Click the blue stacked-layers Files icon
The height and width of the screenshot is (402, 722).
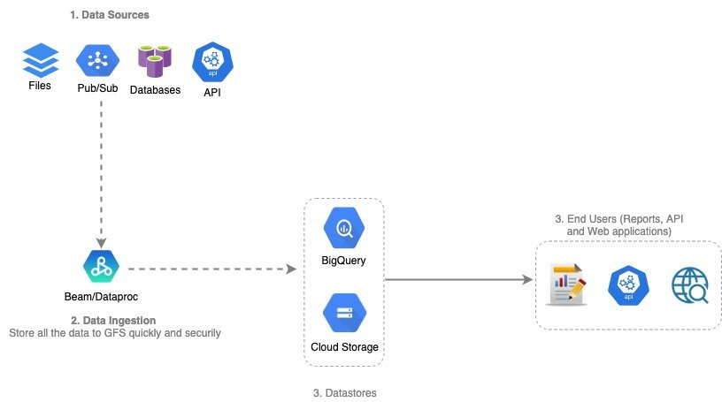(x=39, y=61)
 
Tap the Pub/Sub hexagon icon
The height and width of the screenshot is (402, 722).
(x=99, y=61)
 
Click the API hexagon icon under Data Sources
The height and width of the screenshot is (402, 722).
(x=211, y=62)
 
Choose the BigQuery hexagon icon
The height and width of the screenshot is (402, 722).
(x=343, y=228)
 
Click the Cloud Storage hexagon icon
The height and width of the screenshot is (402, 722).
(x=343, y=312)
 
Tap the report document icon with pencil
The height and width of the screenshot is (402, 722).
(x=566, y=284)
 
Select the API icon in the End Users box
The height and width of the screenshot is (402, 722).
(x=628, y=285)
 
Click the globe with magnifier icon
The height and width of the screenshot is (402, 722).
(x=690, y=285)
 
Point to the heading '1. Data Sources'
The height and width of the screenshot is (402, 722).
(x=110, y=15)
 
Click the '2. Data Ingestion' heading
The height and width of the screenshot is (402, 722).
(x=112, y=319)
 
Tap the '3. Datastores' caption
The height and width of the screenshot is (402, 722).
(x=344, y=392)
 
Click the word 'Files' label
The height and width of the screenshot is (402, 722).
(x=40, y=86)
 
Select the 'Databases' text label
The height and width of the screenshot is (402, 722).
(x=155, y=89)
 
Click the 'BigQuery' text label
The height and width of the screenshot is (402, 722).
(x=343, y=261)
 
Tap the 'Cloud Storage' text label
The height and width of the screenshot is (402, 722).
(x=344, y=346)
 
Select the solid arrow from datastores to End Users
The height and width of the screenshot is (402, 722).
(x=458, y=280)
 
